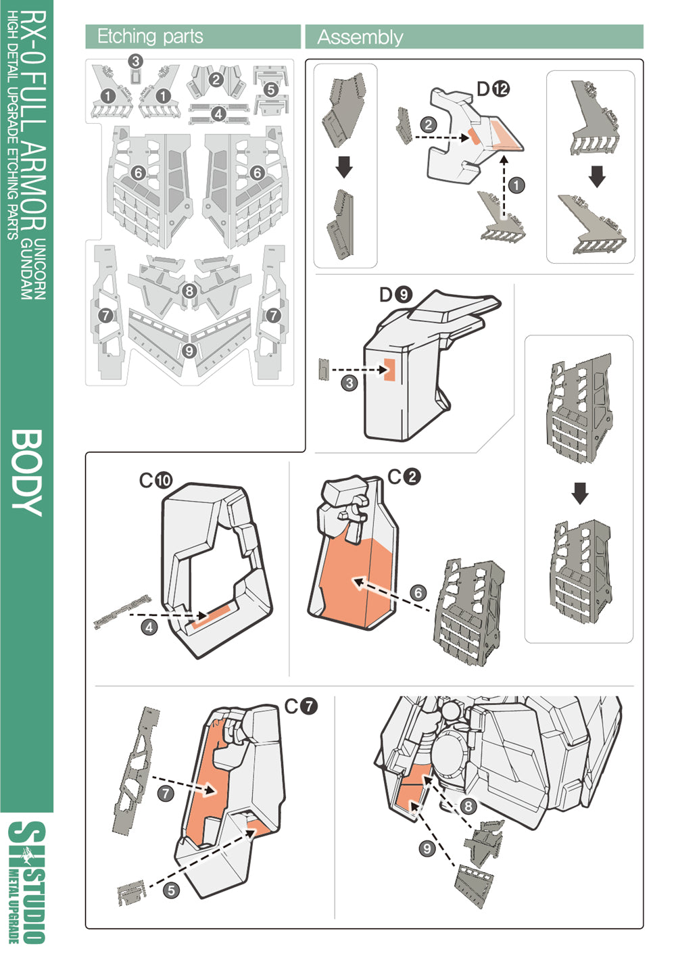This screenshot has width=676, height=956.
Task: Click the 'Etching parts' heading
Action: pos(150,37)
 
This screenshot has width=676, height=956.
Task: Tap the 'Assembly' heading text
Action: pos(360,37)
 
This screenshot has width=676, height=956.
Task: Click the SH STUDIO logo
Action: pos(28,882)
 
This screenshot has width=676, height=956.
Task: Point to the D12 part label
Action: pos(493,89)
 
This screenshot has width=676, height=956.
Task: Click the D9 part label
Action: pos(395,295)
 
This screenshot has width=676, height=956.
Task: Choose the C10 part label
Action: pos(155,481)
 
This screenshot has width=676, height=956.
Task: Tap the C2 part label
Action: pos(404,477)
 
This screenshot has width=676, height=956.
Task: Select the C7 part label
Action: pos(300,707)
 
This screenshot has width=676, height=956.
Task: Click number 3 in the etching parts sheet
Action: pos(136,62)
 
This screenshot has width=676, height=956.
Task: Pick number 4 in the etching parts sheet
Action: pos(218,114)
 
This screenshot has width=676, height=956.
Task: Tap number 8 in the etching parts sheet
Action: pos(189,291)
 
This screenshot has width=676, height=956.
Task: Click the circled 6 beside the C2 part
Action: pos(418,593)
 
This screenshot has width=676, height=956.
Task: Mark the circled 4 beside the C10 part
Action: pos(149,627)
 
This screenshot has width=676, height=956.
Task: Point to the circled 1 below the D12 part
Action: pos(516,185)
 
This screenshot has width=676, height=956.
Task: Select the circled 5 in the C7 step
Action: pos(171,890)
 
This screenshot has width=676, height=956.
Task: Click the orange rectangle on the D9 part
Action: pos(389,370)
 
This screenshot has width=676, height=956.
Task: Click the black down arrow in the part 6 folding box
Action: pos(579,493)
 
